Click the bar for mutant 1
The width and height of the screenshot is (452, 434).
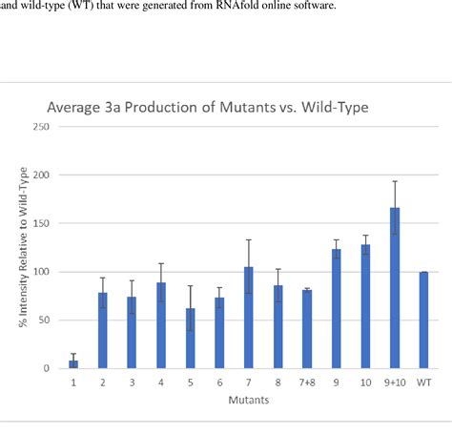[x=73, y=363]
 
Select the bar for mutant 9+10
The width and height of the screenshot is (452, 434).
[x=394, y=288]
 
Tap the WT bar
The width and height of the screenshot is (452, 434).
[x=422, y=320]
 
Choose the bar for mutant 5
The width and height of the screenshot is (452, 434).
[x=190, y=338]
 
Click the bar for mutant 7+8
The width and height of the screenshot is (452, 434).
[x=306, y=328]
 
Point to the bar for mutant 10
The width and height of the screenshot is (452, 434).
[x=365, y=306]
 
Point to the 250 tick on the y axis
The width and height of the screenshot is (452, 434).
[x=40, y=127]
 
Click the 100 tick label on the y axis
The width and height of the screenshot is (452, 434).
[x=40, y=272]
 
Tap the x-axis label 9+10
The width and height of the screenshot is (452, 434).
[x=393, y=383]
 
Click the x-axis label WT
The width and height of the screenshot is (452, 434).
[x=422, y=383]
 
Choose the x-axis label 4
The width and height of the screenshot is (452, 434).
[x=160, y=383]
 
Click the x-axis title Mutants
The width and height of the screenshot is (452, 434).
[x=248, y=400]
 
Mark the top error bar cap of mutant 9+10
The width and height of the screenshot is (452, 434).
[x=394, y=181]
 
